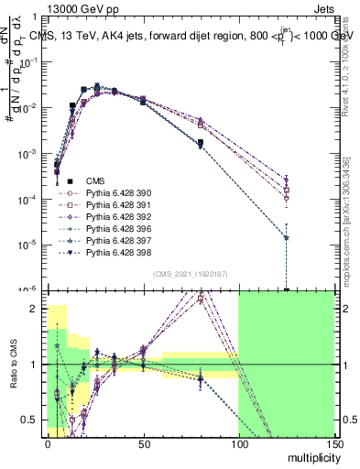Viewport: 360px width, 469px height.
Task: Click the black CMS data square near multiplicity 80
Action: coord(200,143)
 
